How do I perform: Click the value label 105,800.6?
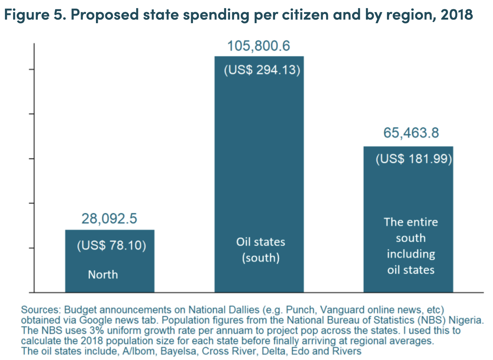tap(259, 46)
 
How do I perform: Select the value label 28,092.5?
tap(109, 218)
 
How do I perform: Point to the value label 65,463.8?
tap(411, 133)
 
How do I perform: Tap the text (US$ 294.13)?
tap(262, 70)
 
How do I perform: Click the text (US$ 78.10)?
tap(111, 245)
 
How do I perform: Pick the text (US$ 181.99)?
tap(414, 159)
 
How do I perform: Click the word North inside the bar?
tap(103, 274)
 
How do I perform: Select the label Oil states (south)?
tap(260, 250)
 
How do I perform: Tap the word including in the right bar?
tap(411, 254)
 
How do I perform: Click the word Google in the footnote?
tap(95, 320)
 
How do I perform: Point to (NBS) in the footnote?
tap(432, 320)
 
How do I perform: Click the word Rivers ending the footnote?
tap(346, 351)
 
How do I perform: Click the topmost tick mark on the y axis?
tap(32, 69)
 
